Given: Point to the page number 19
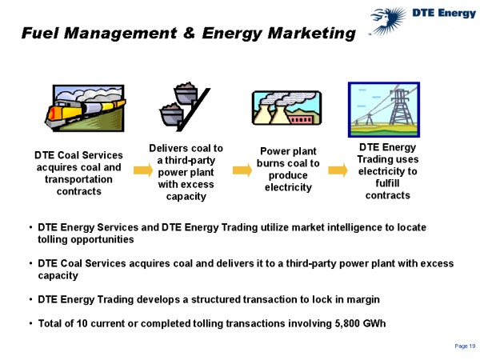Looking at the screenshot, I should click(465, 345).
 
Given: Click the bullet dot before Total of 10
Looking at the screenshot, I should click(30, 323).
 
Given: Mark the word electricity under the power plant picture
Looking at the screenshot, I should click(288, 187).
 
